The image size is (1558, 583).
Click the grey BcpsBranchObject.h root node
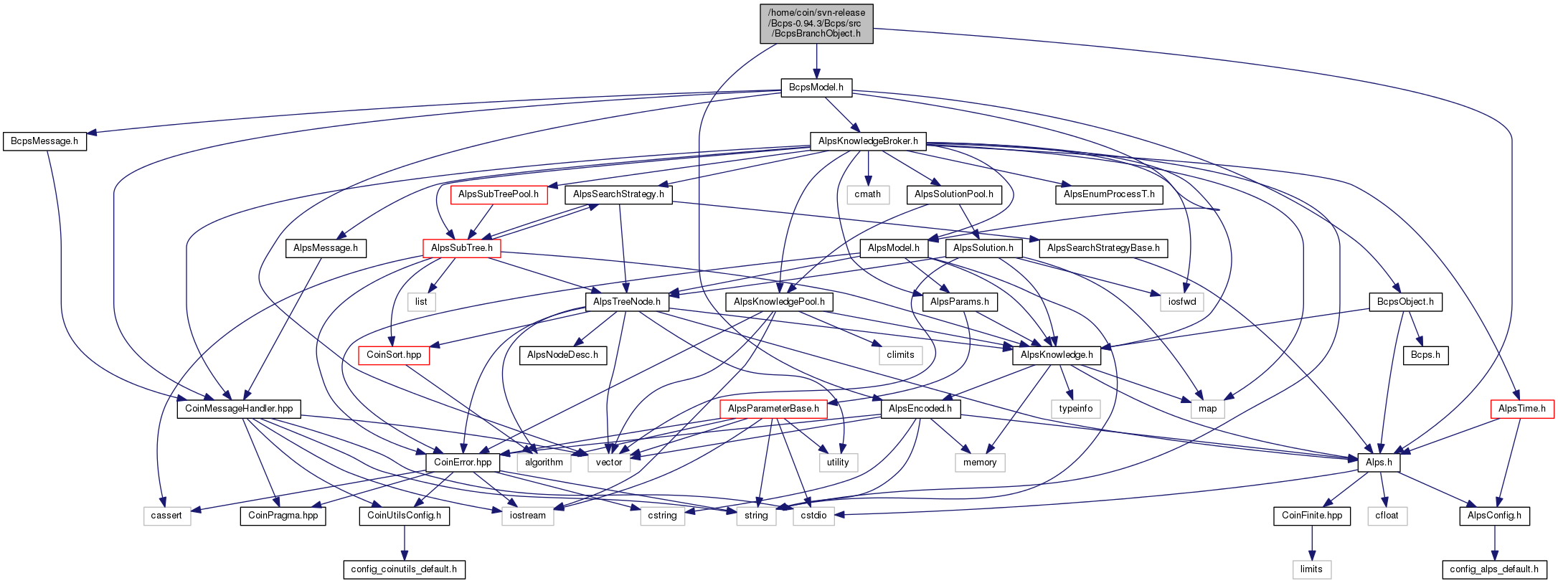pyautogui.click(x=816, y=23)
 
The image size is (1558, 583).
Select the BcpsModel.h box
pyautogui.click(x=816, y=87)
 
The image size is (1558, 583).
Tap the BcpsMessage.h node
pyautogui.click(x=44, y=141)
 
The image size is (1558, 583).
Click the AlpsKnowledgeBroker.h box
pyautogui.click(x=868, y=141)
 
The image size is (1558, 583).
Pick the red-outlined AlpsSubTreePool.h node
pyautogui.click(x=499, y=194)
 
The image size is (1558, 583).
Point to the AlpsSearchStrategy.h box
pyautogui.click(x=618, y=194)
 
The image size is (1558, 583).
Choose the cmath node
pyautogui.click(x=868, y=194)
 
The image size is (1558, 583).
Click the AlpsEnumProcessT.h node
pyautogui.click(x=1110, y=194)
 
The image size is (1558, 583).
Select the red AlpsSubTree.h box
pyautogui.click(x=462, y=248)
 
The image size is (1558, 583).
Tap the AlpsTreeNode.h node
pyautogui.click(x=627, y=302)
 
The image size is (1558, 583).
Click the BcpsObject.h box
pyautogui.click(x=1405, y=302)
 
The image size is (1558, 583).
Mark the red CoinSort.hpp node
pyautogui.click(x=394, y=355)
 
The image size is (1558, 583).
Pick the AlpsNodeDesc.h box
pyautogui.click(x=562, y=355)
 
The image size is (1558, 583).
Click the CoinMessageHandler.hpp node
pyautogui.click(x=239, y=409)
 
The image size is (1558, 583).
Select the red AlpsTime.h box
pyautogui.click(x=1522, y=409)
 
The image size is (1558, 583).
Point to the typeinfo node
pyautogui.click(x=1076, y=409)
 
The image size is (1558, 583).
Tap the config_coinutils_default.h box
pyautogui.click(x=404, y=569)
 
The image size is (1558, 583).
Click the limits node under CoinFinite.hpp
pyautogui.click(x=1311, y=569)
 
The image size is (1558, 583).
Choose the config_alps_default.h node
pyautogui.click(x=1494, y=569)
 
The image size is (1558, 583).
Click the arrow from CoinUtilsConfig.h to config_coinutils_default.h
pyautogui.click(x=404, y=543)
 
